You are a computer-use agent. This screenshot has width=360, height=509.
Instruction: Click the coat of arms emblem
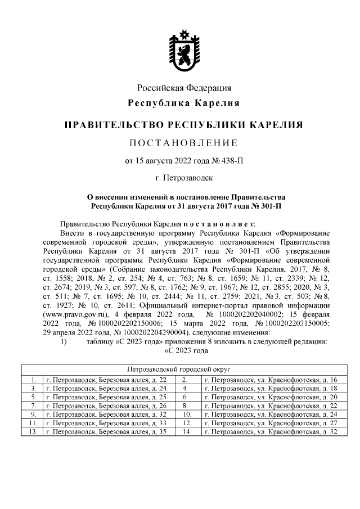pos(184,51)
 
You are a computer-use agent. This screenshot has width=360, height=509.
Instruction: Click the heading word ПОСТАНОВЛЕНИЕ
pos(184,141)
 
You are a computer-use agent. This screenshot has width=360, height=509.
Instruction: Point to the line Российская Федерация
pos(184,88)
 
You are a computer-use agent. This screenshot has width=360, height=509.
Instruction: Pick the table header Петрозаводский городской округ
pos(184,370)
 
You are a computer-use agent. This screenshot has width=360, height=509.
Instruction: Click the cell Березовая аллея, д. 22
pos(107,380)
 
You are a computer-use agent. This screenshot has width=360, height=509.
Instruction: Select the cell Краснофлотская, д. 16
pos(272,380)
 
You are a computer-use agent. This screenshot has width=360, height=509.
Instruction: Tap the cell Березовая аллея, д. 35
pos(107,431)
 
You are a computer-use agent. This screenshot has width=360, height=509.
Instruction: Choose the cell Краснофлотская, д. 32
pos(272,431)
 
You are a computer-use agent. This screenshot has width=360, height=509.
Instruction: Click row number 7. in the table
pos(33,406)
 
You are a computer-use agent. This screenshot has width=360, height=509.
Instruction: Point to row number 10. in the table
pos(188,414)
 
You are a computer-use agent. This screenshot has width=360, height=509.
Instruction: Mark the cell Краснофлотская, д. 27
pos(272,423)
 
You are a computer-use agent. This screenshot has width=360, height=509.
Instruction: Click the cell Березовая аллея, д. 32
pos(107,414)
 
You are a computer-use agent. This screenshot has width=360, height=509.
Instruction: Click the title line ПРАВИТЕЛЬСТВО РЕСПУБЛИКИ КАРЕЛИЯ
pos(184,124)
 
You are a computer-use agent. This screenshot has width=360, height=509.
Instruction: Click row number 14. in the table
pos(188,431)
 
